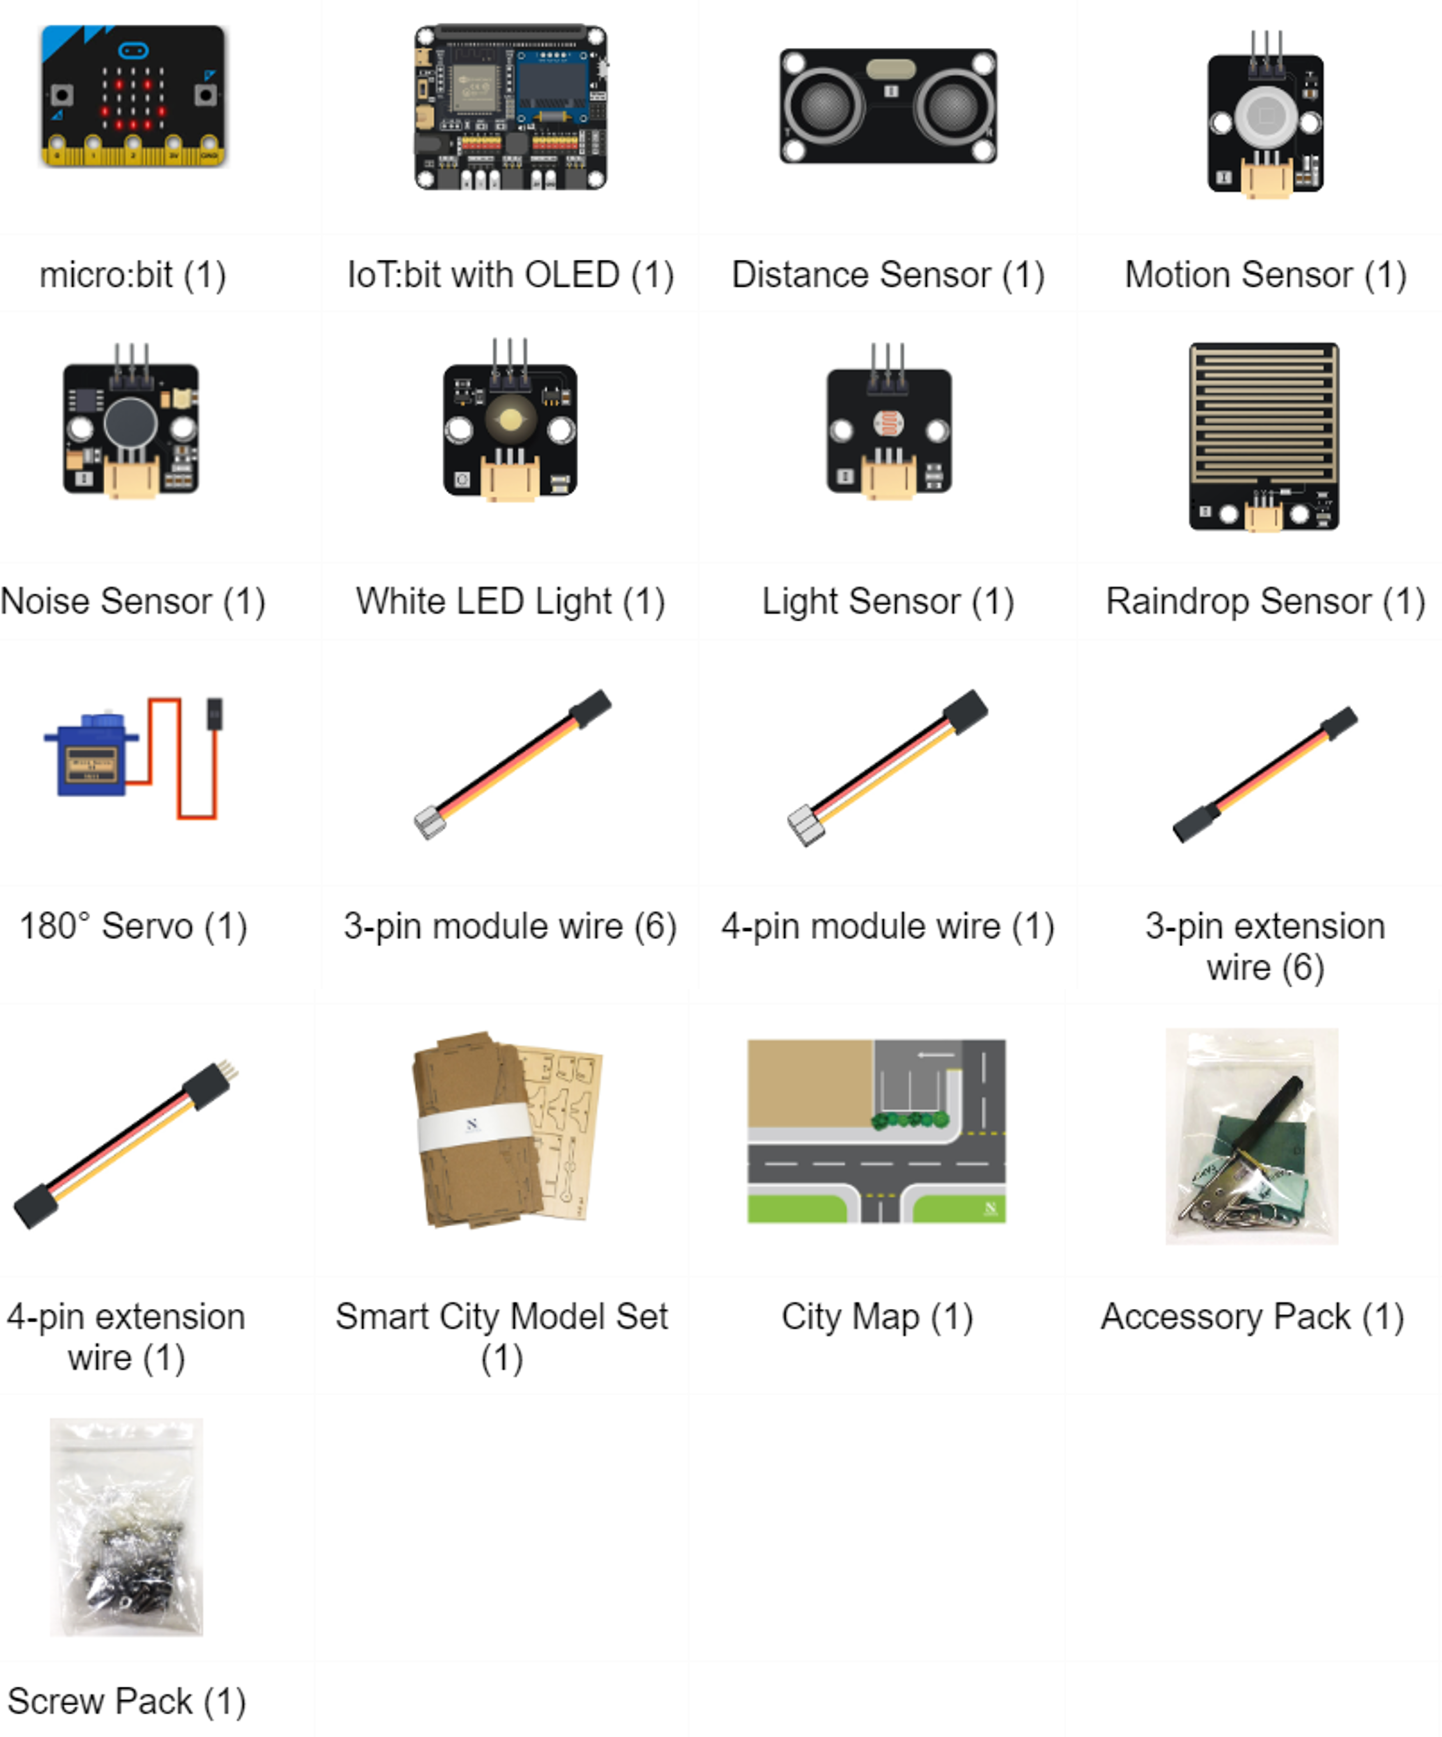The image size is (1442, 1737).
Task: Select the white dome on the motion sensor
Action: [1265, 117]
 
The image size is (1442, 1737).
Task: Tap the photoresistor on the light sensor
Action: [889, 424]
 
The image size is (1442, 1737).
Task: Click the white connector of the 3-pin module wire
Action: [429, 822]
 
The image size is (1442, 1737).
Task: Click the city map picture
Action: [876, 1131]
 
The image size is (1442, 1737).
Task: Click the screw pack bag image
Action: [126, 1527]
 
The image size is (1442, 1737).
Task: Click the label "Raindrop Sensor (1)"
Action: [1265, 601]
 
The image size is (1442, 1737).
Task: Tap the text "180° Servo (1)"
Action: [133, 927]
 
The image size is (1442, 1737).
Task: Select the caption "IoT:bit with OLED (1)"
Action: [510, 275]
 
